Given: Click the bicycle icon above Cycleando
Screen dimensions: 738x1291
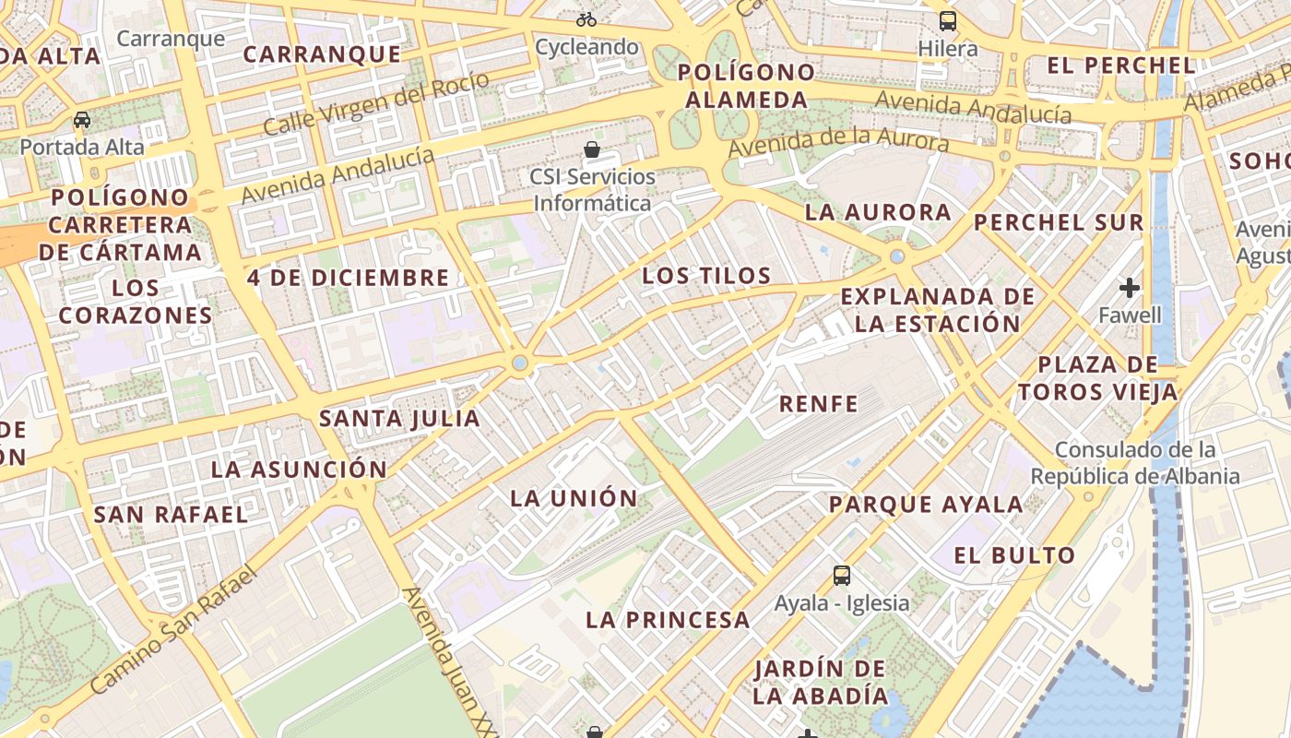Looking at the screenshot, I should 586,18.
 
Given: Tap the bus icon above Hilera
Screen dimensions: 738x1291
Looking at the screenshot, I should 948,20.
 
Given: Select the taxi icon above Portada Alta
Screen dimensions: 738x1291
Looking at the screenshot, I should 82,119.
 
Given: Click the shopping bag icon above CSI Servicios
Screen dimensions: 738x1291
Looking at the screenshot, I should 592,149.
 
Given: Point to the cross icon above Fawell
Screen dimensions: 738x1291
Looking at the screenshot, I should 1130,288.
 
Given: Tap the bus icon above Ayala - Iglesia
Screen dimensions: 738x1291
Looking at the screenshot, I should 841,576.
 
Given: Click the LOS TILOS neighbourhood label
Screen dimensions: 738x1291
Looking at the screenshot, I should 706,275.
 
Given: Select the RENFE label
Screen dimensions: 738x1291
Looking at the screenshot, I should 819,403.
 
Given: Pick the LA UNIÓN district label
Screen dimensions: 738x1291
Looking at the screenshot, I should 574,498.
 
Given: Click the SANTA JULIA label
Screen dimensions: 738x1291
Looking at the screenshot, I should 399,418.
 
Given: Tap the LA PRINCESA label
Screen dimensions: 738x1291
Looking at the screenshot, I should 668,620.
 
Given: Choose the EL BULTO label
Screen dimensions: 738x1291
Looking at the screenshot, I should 1014,555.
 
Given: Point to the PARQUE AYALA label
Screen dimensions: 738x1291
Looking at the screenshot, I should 926,505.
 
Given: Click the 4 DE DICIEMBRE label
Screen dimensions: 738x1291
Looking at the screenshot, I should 348,277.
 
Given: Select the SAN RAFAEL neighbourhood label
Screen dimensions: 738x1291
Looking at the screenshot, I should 171,514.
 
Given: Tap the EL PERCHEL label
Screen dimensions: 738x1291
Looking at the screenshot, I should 1121,65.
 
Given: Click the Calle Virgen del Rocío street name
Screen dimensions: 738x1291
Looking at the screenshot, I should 376,103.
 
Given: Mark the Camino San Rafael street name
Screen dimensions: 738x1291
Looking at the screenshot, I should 172,630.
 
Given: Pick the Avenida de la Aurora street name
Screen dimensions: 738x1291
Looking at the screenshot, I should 837,143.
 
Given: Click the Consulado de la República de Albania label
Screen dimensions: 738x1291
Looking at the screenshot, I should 1135,463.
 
